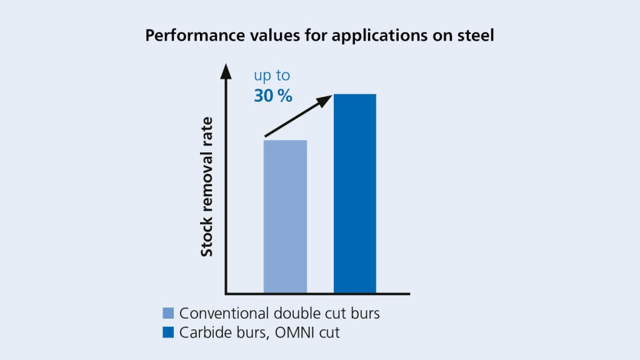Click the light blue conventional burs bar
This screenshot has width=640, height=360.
pos(285,216)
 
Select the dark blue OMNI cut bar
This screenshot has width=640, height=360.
pos(355,193)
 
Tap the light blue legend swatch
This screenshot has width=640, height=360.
pos(168,313)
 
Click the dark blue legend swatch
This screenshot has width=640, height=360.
pos(168,332)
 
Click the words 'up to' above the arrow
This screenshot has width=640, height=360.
pos(272,76)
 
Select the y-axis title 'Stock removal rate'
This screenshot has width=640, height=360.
pos(207,186)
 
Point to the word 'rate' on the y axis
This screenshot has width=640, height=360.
pos(207,131)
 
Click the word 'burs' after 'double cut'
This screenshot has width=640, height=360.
pos(364,313)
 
